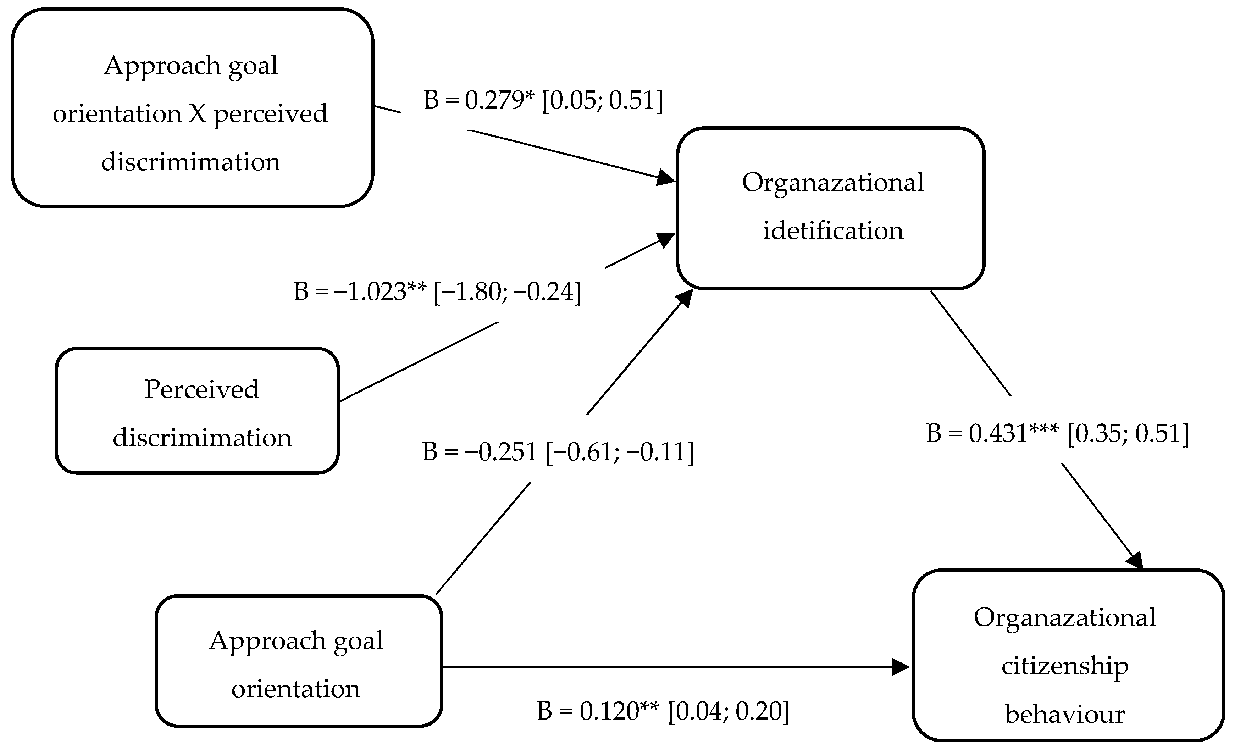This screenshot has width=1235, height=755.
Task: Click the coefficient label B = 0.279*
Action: click(x=479, y=100)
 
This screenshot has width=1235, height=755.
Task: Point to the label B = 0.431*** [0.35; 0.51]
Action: click(x=1057, y=433)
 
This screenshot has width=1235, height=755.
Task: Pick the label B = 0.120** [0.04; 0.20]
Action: click(x=663, y=711)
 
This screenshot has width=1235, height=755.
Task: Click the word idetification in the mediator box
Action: click(x=832, y=231)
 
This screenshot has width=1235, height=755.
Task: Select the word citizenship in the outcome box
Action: click(x=1065, y=666)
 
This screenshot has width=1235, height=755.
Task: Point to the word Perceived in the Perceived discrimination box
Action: click(x=201, y=389)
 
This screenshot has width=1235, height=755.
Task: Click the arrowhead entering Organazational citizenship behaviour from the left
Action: click(x=901, y=667)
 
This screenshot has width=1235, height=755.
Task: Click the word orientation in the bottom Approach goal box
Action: click(x=296, y=689)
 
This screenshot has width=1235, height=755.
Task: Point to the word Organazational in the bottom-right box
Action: click(x=1065, y=618)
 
